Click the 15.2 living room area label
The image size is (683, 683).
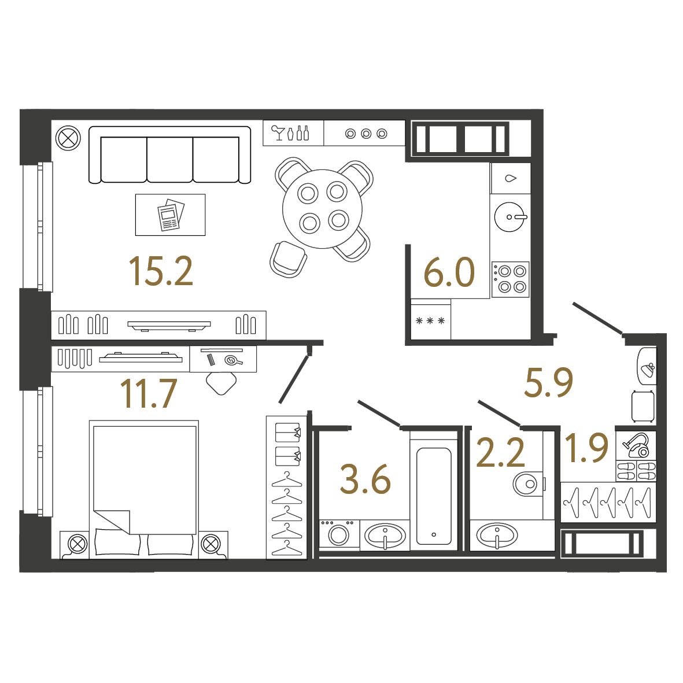(161, 271)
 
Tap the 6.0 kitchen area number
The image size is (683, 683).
(449, 272)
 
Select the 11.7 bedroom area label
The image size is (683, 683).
(149, 393)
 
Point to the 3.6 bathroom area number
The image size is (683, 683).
(365, 479)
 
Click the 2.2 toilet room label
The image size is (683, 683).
(500, 453)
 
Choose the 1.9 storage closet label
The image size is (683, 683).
(586, 448)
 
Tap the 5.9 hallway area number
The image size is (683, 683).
(548, 382)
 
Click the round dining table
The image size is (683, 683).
(322, 209)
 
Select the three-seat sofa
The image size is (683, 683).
(170, 154)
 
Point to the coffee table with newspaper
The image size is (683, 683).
(170, 215)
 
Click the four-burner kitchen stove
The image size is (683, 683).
(511, 279)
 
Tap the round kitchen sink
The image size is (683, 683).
(510, 217)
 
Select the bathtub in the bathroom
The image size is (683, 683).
(434, 496)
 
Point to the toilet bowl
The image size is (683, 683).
(529, 483)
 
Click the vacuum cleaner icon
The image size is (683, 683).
(636, 446)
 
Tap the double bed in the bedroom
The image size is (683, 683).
(144, 489)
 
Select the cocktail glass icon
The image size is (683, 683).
(277, 133)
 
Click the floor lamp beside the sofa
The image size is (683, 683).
(68, 138)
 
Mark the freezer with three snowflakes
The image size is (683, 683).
(430, 320)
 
